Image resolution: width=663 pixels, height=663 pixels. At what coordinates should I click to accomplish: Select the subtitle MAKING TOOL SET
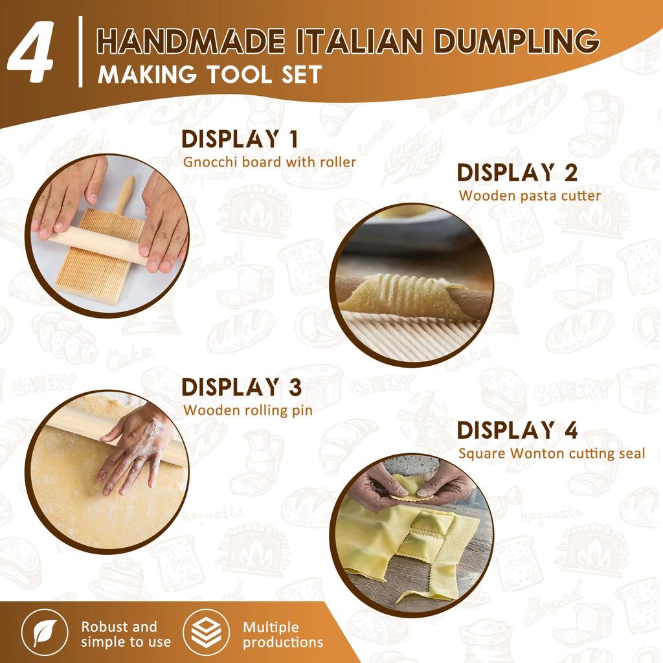point(209,74)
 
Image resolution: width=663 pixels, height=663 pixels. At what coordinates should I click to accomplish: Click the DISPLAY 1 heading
point(239,139)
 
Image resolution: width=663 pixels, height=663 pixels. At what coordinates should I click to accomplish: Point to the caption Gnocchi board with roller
point(269,162)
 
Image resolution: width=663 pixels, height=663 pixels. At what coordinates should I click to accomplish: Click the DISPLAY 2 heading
point(517,173)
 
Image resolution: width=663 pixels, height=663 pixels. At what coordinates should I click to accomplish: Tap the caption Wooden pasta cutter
point(530,195)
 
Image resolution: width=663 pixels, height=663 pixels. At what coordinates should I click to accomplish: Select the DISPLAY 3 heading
point(242,387)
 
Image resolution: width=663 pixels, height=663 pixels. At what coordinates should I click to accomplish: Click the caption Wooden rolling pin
point(248,410)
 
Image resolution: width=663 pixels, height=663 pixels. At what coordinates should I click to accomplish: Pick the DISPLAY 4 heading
point(517,431)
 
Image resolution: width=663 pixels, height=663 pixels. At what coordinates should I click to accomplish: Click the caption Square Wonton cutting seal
point(552,453)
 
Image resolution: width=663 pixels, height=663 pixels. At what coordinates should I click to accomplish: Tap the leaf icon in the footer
point(45,635)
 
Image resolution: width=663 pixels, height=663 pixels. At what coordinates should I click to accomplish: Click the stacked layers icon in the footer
point(206,635)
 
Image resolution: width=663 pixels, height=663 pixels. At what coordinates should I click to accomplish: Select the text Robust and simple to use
point(126,635)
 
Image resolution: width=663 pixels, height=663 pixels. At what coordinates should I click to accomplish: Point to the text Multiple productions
point(282,635)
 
